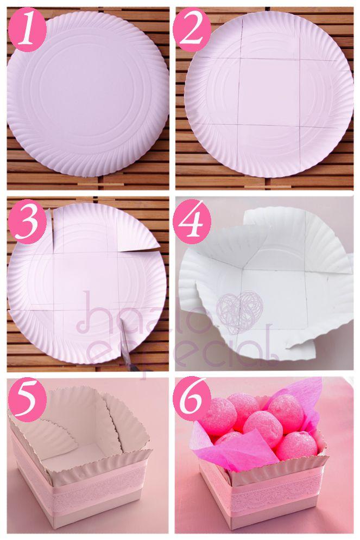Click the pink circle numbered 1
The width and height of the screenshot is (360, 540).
[x=27, y=33]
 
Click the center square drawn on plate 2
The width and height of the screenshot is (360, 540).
[x=269, y=91]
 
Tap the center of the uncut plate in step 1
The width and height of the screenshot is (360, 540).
[x=88, y=93]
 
